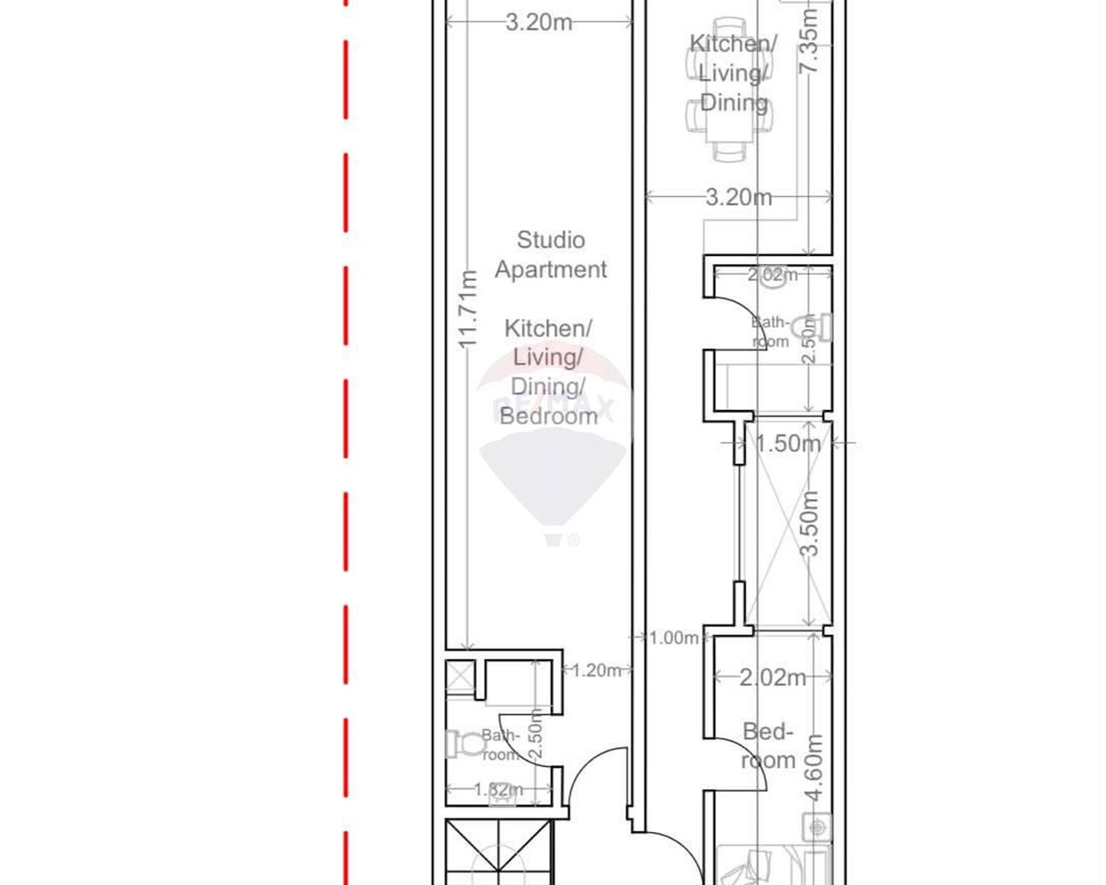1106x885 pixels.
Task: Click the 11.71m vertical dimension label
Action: pyautogui.click(x=469, y=310)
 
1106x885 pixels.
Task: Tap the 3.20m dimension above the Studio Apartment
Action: pyautogui.click(x=539, y=22)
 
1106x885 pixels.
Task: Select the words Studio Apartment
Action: pyautogui.click(x=551, y=254)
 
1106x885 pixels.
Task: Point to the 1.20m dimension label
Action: pyautogui.click(x=596, y=670)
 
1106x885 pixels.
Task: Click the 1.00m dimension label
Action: pyautogui.click(x=673, y=637)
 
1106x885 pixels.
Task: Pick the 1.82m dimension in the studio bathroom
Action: pyautogui.click(x=498, y=789)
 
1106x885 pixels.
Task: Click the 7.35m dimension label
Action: pyautogui.click(x=809, y=41)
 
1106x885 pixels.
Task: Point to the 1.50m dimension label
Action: pyautogui.click(x=787, y=443)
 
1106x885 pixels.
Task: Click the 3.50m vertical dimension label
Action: pyautogui.click(x=810, y=524)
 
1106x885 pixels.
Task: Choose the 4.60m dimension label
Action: pyautogui.click(x=813, y=767)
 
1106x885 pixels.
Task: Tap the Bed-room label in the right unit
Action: pyautogui.click(x=768, y=746)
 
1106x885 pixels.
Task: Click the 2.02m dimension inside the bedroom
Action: pyautogui.click(x=773, y=677)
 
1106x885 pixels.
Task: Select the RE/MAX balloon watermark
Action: pyautogui.click(x=553, y=450)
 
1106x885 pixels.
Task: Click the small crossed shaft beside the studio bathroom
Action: pyautogui.click(x=459, y=676)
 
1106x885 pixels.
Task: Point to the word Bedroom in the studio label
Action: pyautogui.click(x=549, y=416)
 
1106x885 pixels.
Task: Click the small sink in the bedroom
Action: pyautogui.click(x=817, y=827)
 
